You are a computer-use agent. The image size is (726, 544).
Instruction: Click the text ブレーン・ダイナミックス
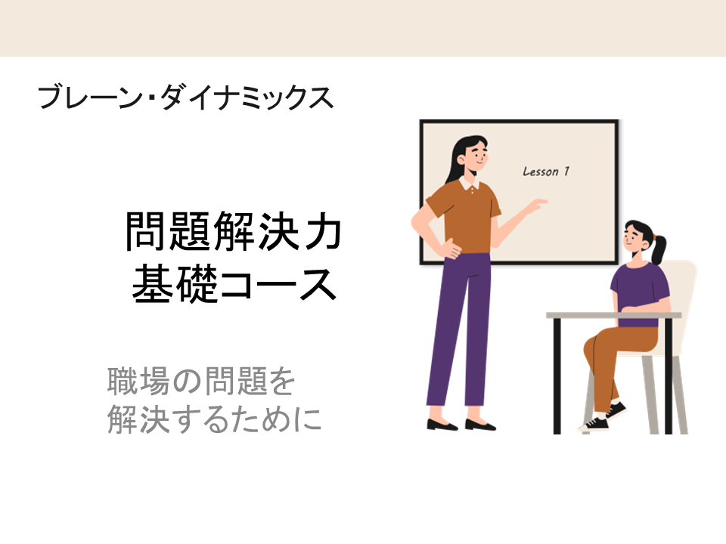coord(185,97)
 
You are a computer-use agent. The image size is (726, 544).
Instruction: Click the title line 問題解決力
coord(234,231)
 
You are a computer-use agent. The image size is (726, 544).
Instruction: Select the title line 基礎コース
coord(234,283)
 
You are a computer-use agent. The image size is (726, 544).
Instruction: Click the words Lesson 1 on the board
coord(546,172)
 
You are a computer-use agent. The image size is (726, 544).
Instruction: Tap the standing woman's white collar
coord(469,184)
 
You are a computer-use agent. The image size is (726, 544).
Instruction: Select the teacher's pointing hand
coord(537,204)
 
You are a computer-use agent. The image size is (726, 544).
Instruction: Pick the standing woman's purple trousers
coord(458,329)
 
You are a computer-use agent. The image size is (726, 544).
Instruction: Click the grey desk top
coord(614,316)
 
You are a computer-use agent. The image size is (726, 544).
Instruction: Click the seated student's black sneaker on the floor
coord(594,423)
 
